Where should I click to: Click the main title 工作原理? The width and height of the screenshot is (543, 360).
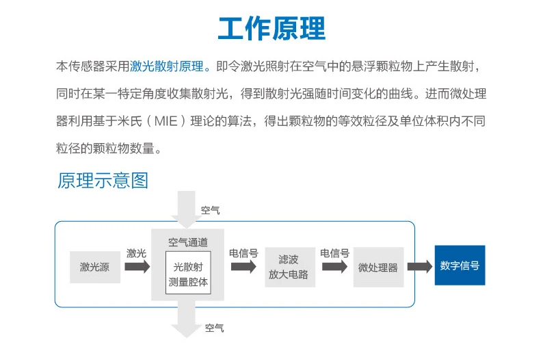click(x=272, y=28)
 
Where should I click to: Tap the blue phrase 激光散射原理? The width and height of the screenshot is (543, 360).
click(x=167, y=66)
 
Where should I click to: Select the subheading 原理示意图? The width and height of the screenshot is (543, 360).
click(x=103, y=181)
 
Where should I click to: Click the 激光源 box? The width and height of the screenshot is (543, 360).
click(x=95, y=267)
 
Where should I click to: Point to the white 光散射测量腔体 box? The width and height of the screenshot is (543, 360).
click(x=188, y=272)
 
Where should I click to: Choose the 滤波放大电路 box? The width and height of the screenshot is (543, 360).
click(x=290, y=267)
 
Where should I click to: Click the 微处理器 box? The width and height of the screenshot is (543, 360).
click(x=378, y=267)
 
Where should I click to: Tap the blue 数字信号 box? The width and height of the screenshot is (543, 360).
click(x=460, y=266)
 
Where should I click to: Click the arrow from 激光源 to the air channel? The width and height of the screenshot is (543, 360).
click(x=137, y=267)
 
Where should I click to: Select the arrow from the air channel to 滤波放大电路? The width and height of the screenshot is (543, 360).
click(x=243, y=267)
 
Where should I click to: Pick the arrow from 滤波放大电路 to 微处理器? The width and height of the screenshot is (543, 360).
click(x=334, y=267)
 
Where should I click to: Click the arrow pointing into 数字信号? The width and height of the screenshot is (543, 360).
click(x=420, y=266)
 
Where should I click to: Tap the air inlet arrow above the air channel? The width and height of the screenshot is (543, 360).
click(x=186, y=209)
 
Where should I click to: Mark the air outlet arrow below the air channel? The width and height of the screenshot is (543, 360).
click(x=186, y=319)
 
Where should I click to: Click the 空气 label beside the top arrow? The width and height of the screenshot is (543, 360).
click(x=210, y=210)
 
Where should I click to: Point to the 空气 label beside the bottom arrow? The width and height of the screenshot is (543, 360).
click(x=214, y=328)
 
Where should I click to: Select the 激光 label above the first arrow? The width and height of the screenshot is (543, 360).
click(x=137, y=253)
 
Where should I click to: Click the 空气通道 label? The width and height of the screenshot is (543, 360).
click(x=188, y=242)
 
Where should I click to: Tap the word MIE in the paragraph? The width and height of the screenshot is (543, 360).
click(x=166, y=121)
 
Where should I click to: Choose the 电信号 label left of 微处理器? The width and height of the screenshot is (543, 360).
click(x=334, y=253)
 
